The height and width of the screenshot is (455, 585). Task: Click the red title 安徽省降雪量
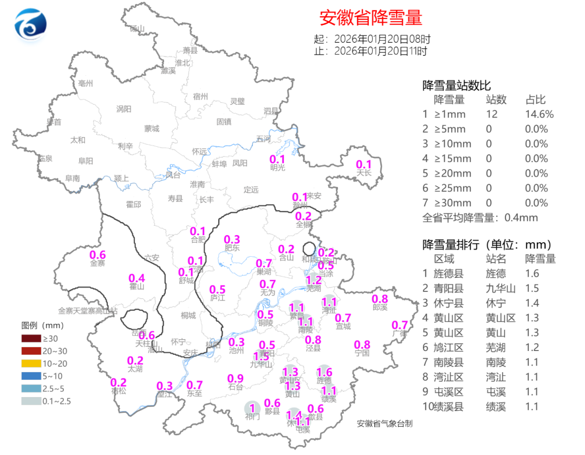[x=370, y=18]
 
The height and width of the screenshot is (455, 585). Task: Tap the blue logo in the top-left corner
[x=30, y=25]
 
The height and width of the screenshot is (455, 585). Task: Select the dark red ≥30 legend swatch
[x=31, y=339]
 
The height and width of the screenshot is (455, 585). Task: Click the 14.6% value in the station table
[x=539, y=114]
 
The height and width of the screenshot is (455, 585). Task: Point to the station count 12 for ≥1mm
[x=492, y=114]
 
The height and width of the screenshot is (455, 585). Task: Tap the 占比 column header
[x=535, y=100]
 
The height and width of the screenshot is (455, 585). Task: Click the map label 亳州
[x=86, y=83]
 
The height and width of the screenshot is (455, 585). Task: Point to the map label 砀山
[x=137, y=29]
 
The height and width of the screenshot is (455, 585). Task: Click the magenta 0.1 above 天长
[x=363, y=165]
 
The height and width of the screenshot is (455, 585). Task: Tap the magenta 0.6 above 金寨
[x=97, y=255]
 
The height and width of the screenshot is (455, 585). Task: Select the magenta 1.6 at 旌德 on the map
[x=324, y=372]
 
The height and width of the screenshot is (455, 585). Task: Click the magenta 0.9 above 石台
[x=235, y=378]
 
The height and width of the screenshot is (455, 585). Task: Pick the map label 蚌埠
[x=219, y=163]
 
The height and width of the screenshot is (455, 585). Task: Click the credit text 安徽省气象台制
[x=385, y=424]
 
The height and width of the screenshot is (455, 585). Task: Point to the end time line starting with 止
[x=370, y=51]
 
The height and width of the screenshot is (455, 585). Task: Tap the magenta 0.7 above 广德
[x=400, y=325]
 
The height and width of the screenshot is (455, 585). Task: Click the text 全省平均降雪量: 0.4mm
[x=479, y=218]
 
